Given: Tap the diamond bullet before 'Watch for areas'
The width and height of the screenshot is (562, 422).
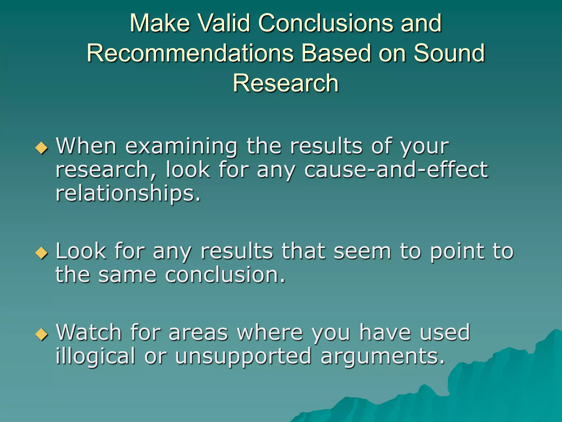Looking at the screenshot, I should (x=42, y=334).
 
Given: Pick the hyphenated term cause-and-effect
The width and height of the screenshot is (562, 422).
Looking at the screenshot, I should (x=396, y=170).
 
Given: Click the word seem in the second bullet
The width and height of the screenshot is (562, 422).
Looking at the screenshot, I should (x=362, y=251).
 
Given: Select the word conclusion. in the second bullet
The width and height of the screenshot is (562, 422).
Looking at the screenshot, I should (x=225, y=275).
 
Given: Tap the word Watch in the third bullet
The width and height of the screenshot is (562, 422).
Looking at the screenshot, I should (x=89, y=332).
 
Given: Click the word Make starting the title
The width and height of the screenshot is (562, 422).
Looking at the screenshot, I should (x=160, y=23).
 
